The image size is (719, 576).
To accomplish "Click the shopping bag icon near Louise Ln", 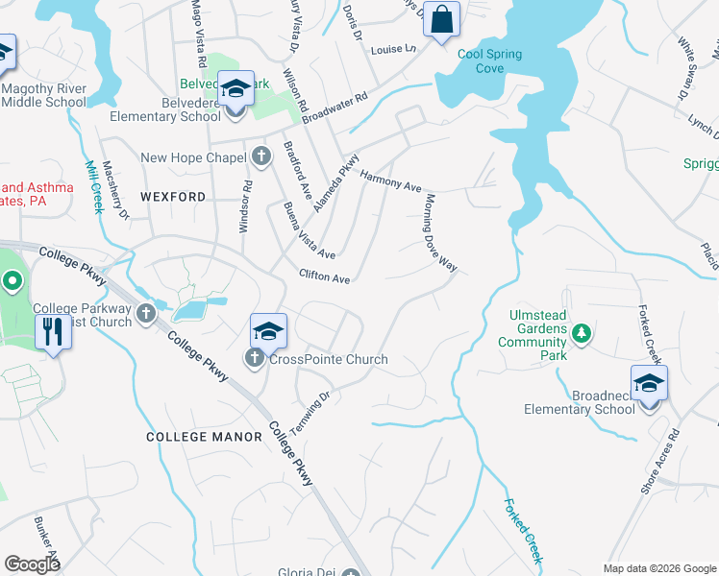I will [441, 19].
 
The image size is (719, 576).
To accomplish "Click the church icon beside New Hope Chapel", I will [260, 156].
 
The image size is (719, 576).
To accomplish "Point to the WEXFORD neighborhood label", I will [173, 196].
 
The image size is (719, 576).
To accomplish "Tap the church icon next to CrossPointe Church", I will [255, 359].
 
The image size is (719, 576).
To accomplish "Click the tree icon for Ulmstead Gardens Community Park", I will [581, 334].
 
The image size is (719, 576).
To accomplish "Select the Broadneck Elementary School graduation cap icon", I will [649, 383].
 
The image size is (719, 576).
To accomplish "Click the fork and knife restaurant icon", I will [51, 333].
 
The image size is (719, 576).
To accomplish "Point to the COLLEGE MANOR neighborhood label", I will [204, 437].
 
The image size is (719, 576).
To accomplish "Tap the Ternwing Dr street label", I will [310, 409].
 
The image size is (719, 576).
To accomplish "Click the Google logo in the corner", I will [33, 564].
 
